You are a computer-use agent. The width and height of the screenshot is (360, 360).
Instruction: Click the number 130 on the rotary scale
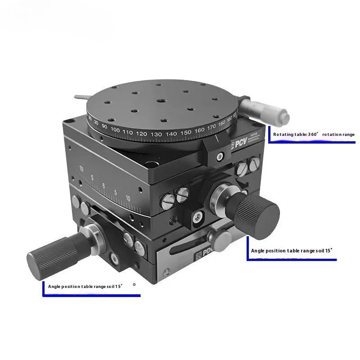[156, 135]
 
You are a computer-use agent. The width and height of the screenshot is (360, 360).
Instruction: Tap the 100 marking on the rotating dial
[115, 130]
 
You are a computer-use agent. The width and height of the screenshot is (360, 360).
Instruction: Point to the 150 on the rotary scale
[185, 132]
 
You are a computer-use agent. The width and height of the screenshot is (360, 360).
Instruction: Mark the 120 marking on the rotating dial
[141, 134]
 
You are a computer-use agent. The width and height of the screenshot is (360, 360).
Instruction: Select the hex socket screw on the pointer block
[220, 156]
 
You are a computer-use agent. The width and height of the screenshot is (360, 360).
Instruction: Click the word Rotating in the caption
[284, 134]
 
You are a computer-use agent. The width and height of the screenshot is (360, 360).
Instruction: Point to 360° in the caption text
[312, 134]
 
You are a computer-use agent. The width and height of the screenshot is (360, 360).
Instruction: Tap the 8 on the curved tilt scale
[103, 185]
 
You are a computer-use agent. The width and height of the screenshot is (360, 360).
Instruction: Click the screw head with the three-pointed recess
[197, 216]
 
